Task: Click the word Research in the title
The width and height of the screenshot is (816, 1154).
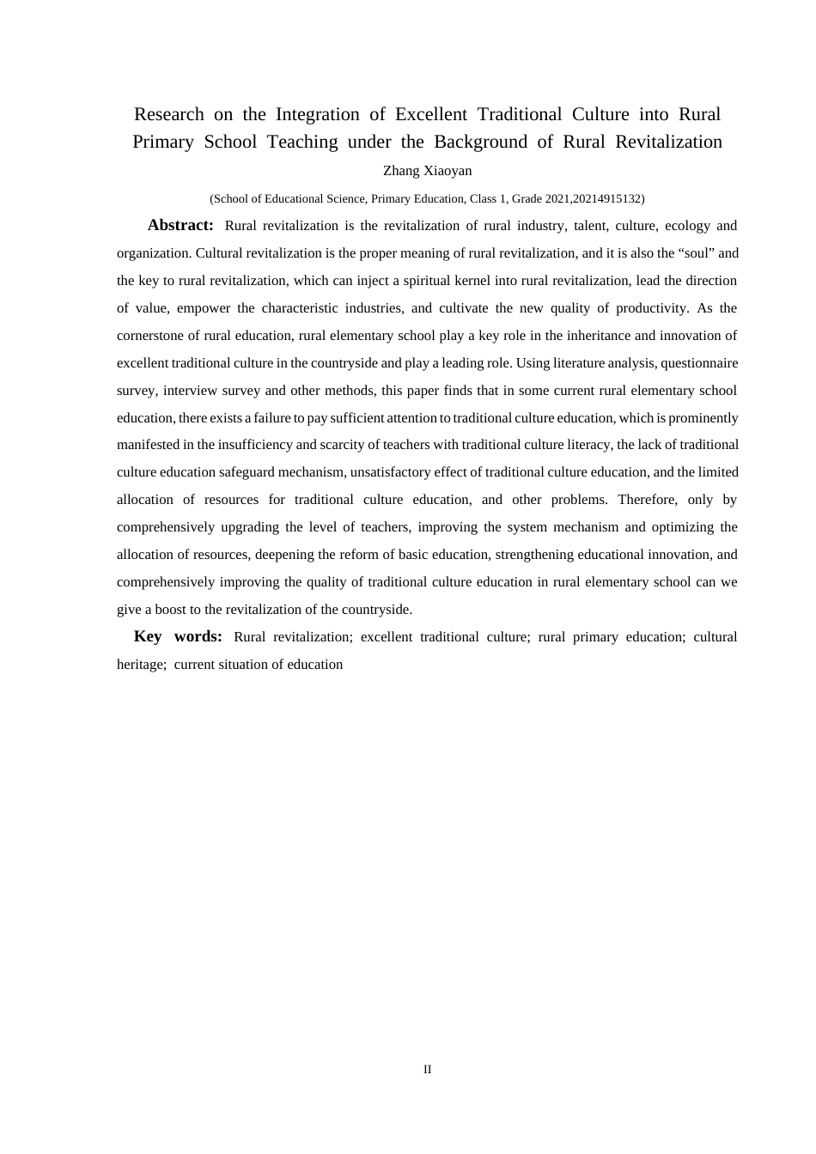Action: click(x=169, y=114)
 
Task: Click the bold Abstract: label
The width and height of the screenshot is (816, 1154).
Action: click(x=180, y=225)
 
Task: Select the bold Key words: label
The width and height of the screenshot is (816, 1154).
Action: click(x=178, y=636)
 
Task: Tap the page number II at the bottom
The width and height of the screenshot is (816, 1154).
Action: click(x=427, y=1069)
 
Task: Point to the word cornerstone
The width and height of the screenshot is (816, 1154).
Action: click(x=151, y=336)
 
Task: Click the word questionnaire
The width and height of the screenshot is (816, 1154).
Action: click(x=699, y=363)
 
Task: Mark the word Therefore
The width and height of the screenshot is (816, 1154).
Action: click(x=647, y=500)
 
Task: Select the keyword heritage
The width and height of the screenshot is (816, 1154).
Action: click(x=140, y=665)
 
